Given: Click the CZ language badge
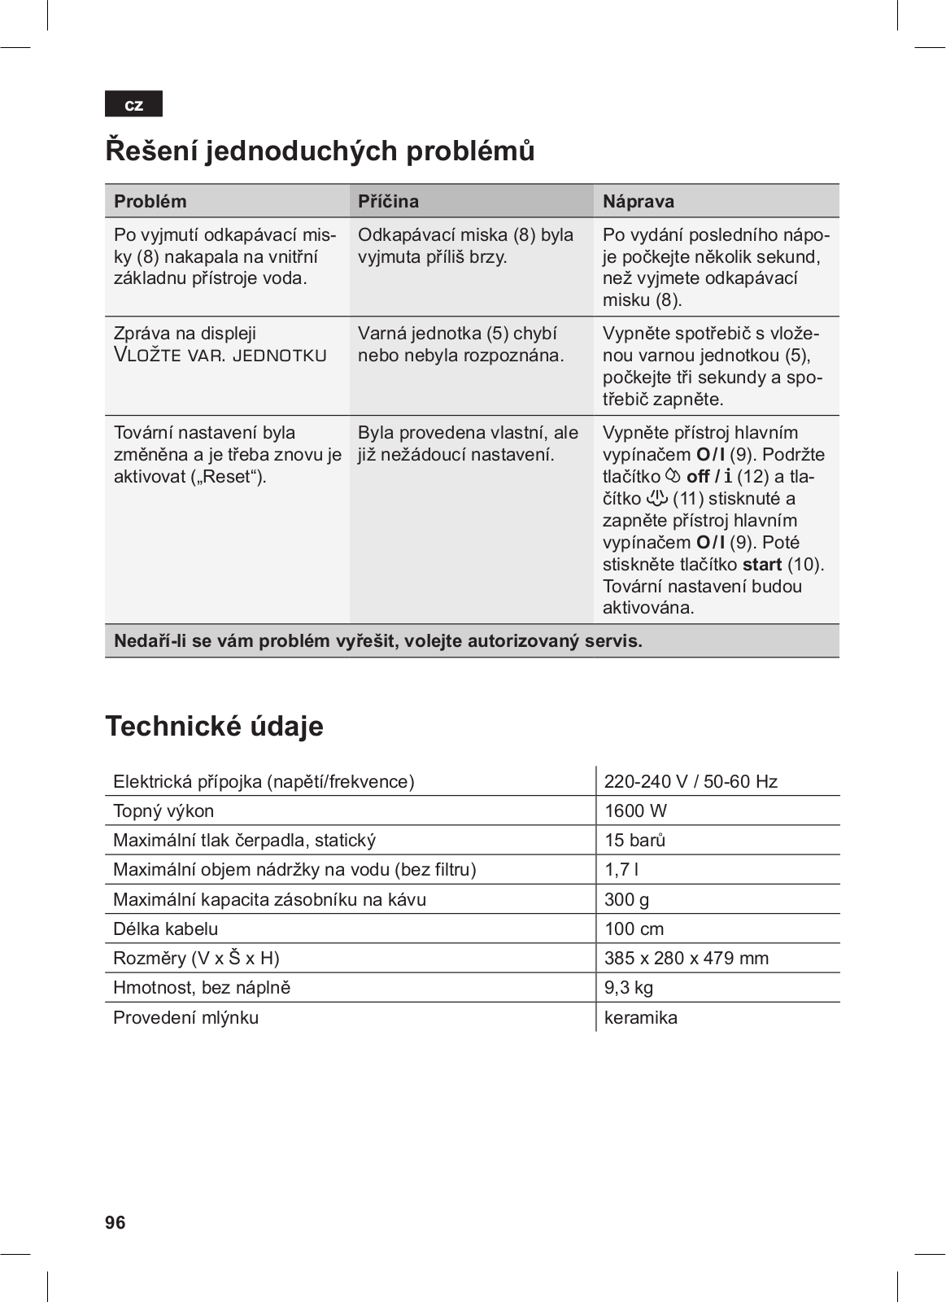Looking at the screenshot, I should tap(133, 104).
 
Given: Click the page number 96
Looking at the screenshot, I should tap(116, 1222).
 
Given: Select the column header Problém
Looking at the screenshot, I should tap(150, 201).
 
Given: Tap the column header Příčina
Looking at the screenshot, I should tap(388, 201).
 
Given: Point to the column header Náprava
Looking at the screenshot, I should tap(639, 201).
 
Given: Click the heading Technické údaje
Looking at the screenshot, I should tap(214, 726).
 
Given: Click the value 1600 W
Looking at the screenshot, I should tap(635, 810).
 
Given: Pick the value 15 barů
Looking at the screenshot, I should tap(634, 840).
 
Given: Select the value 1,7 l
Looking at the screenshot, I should tap(621, 869).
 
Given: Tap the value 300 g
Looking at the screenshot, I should tap(626, 899).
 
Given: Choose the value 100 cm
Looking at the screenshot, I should tap(634, 928).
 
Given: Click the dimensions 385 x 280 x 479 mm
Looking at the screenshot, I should tap(687, 958).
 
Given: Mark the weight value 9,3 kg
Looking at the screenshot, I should tap(629, 987).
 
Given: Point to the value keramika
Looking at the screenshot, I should tap(641, 1017).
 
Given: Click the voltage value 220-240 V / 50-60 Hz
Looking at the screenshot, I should tap(691, 781).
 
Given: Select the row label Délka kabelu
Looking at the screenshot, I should tap(166, 928).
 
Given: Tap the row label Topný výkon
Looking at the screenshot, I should tap(163, 810).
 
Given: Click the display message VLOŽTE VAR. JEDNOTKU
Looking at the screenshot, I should tap(220, 356).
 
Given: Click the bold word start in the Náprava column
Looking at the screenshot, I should tap(762, 564).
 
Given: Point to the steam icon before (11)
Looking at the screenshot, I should tap(656, 498).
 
